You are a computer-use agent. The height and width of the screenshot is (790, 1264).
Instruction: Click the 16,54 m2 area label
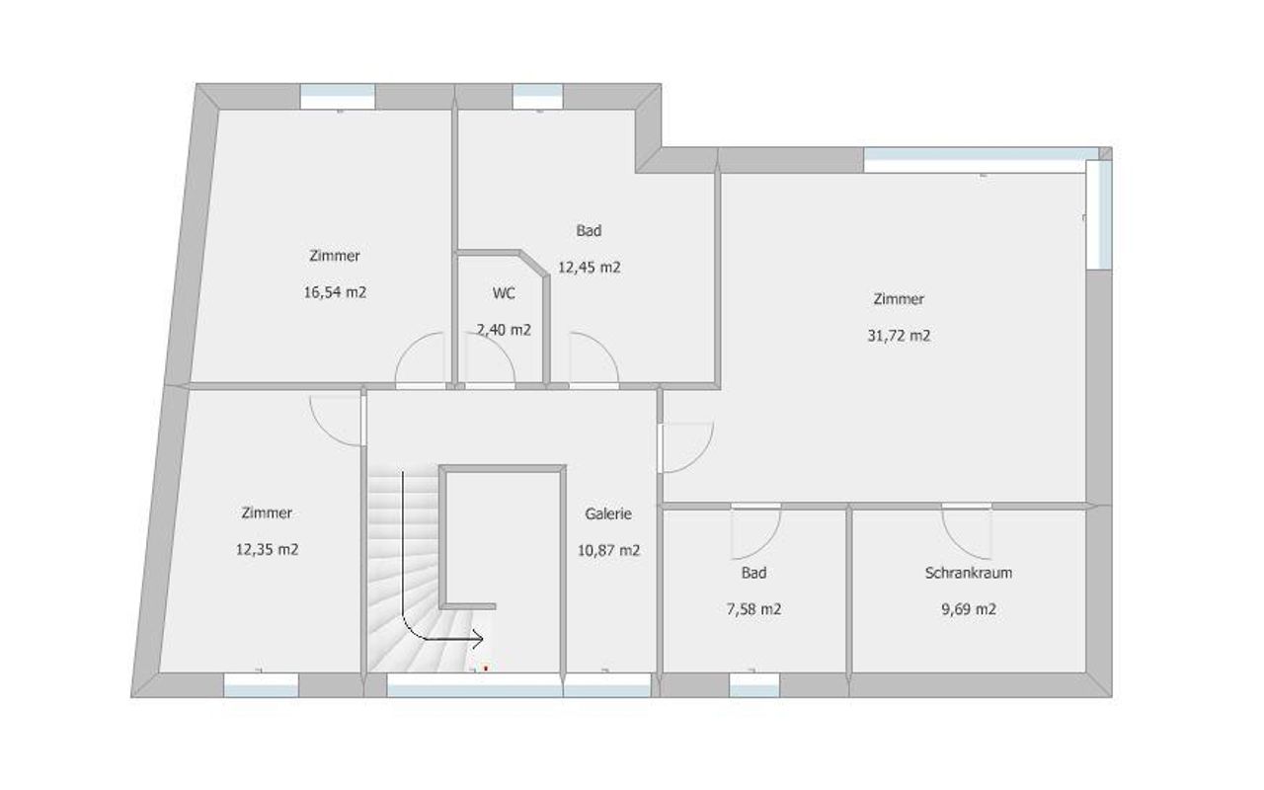(335, 292)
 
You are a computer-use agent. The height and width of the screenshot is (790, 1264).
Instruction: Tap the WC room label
(504, 293)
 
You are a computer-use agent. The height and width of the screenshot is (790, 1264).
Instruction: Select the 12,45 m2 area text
(590, 267)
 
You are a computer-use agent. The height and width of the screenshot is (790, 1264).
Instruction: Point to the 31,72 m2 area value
(899, 336)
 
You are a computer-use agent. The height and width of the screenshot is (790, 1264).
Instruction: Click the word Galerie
(608, 513)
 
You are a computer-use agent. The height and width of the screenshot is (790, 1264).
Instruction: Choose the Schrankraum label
(969, 573)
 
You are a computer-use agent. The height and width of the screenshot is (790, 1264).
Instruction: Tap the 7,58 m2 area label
(753, 609)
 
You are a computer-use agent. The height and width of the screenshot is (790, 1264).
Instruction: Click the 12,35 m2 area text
(267, 549)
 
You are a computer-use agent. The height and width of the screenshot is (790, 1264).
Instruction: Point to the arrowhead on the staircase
(477, 639)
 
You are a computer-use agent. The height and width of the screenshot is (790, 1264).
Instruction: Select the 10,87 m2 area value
(608, 550)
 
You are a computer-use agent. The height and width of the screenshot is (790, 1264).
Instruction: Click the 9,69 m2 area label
(969, 609)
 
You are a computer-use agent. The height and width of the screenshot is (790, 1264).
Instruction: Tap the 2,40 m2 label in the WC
(504, 330)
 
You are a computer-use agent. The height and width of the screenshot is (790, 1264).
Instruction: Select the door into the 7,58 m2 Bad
(756, 532)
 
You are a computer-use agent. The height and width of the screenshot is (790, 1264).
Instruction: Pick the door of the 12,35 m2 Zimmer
(337, 420)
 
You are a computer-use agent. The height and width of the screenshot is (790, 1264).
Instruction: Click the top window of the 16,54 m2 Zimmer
(338, 97)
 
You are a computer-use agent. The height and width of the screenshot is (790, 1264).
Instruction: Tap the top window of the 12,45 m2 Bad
(538, 97)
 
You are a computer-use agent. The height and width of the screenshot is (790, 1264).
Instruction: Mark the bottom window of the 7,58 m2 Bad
(754, 684)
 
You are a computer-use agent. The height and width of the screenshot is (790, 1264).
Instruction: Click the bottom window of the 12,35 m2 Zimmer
(262, 684)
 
